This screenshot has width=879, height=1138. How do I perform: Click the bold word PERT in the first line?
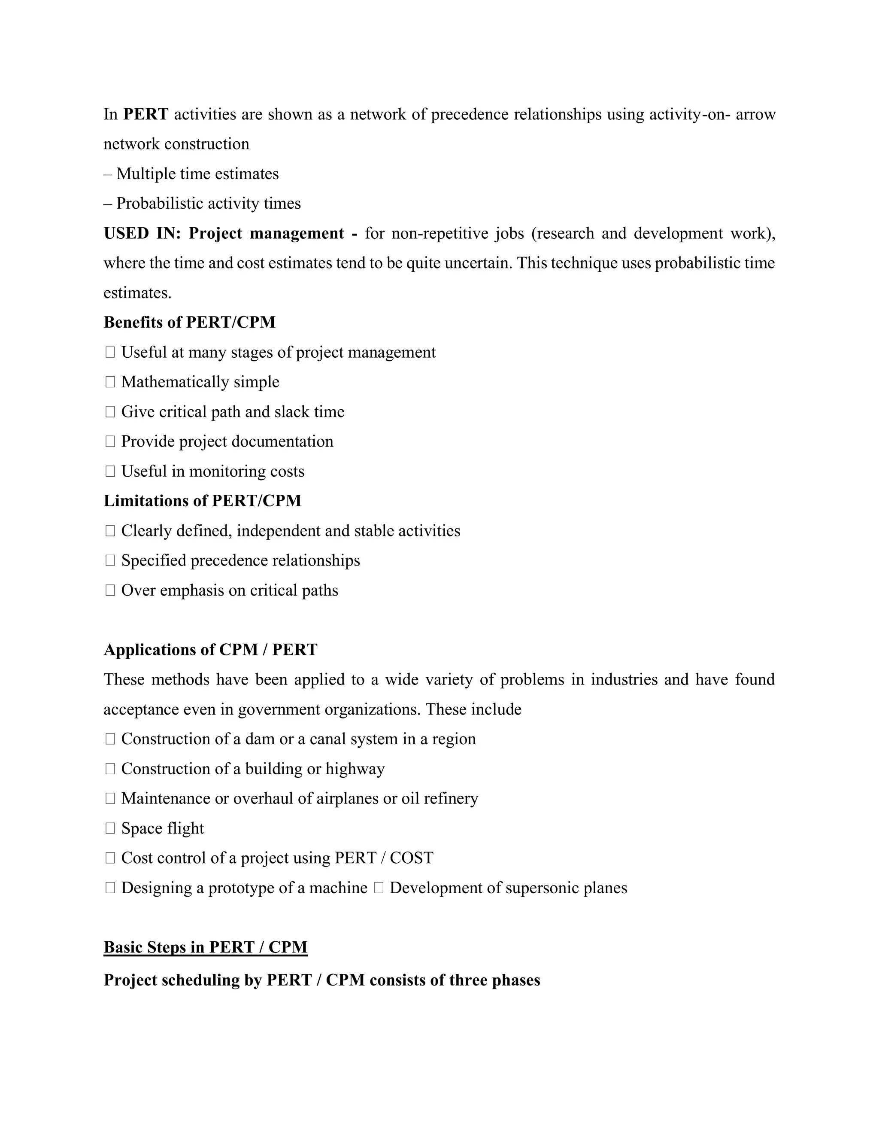[x=146, y=114]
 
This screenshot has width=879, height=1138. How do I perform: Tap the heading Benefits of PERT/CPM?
[x=190, y=322]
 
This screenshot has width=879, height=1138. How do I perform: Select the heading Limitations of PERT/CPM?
[x=203, y=501]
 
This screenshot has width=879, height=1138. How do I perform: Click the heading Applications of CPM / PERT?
[x=210, y=650]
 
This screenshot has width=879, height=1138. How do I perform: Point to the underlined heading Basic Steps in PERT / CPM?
[x=206, y=947]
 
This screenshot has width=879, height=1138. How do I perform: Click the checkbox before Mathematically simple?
[x=110, y=382]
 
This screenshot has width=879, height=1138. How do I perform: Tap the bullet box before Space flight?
[x=110, y=828]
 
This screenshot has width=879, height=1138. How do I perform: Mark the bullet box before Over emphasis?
[x=110, y=590]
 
